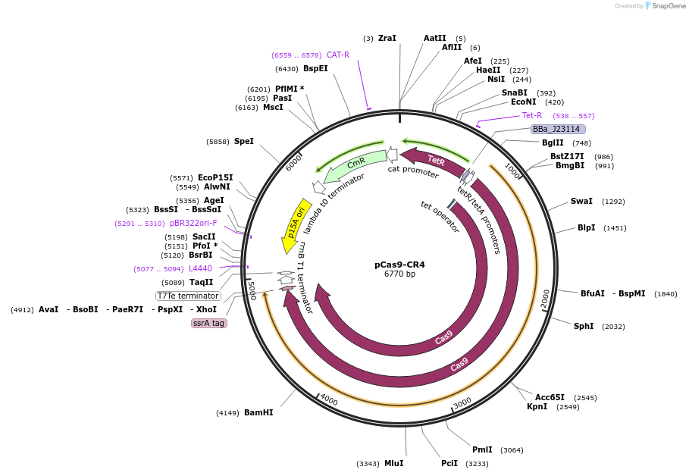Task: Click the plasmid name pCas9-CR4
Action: [x=399, y=265]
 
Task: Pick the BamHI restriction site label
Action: [x=258, y=412]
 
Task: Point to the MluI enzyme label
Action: [x=393, y=463]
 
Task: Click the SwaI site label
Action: [x=581, y=202]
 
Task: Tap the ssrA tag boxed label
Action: [x=208, y=323]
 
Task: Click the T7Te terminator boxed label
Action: [x=188, y=296]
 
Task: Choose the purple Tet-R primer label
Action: [x=532, y=116]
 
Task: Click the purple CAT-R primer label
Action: [x=338, y=55]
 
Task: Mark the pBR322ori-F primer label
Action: [x=193, y=224]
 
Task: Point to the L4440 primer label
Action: [x=200, y=268]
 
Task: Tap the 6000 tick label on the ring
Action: [x=294, y=162]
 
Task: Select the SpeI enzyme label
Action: [x=243, y=141]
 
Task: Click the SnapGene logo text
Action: [x=669, y=6]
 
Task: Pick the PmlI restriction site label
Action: [x=482, y=449]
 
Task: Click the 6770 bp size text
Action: [x=399, y=274]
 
